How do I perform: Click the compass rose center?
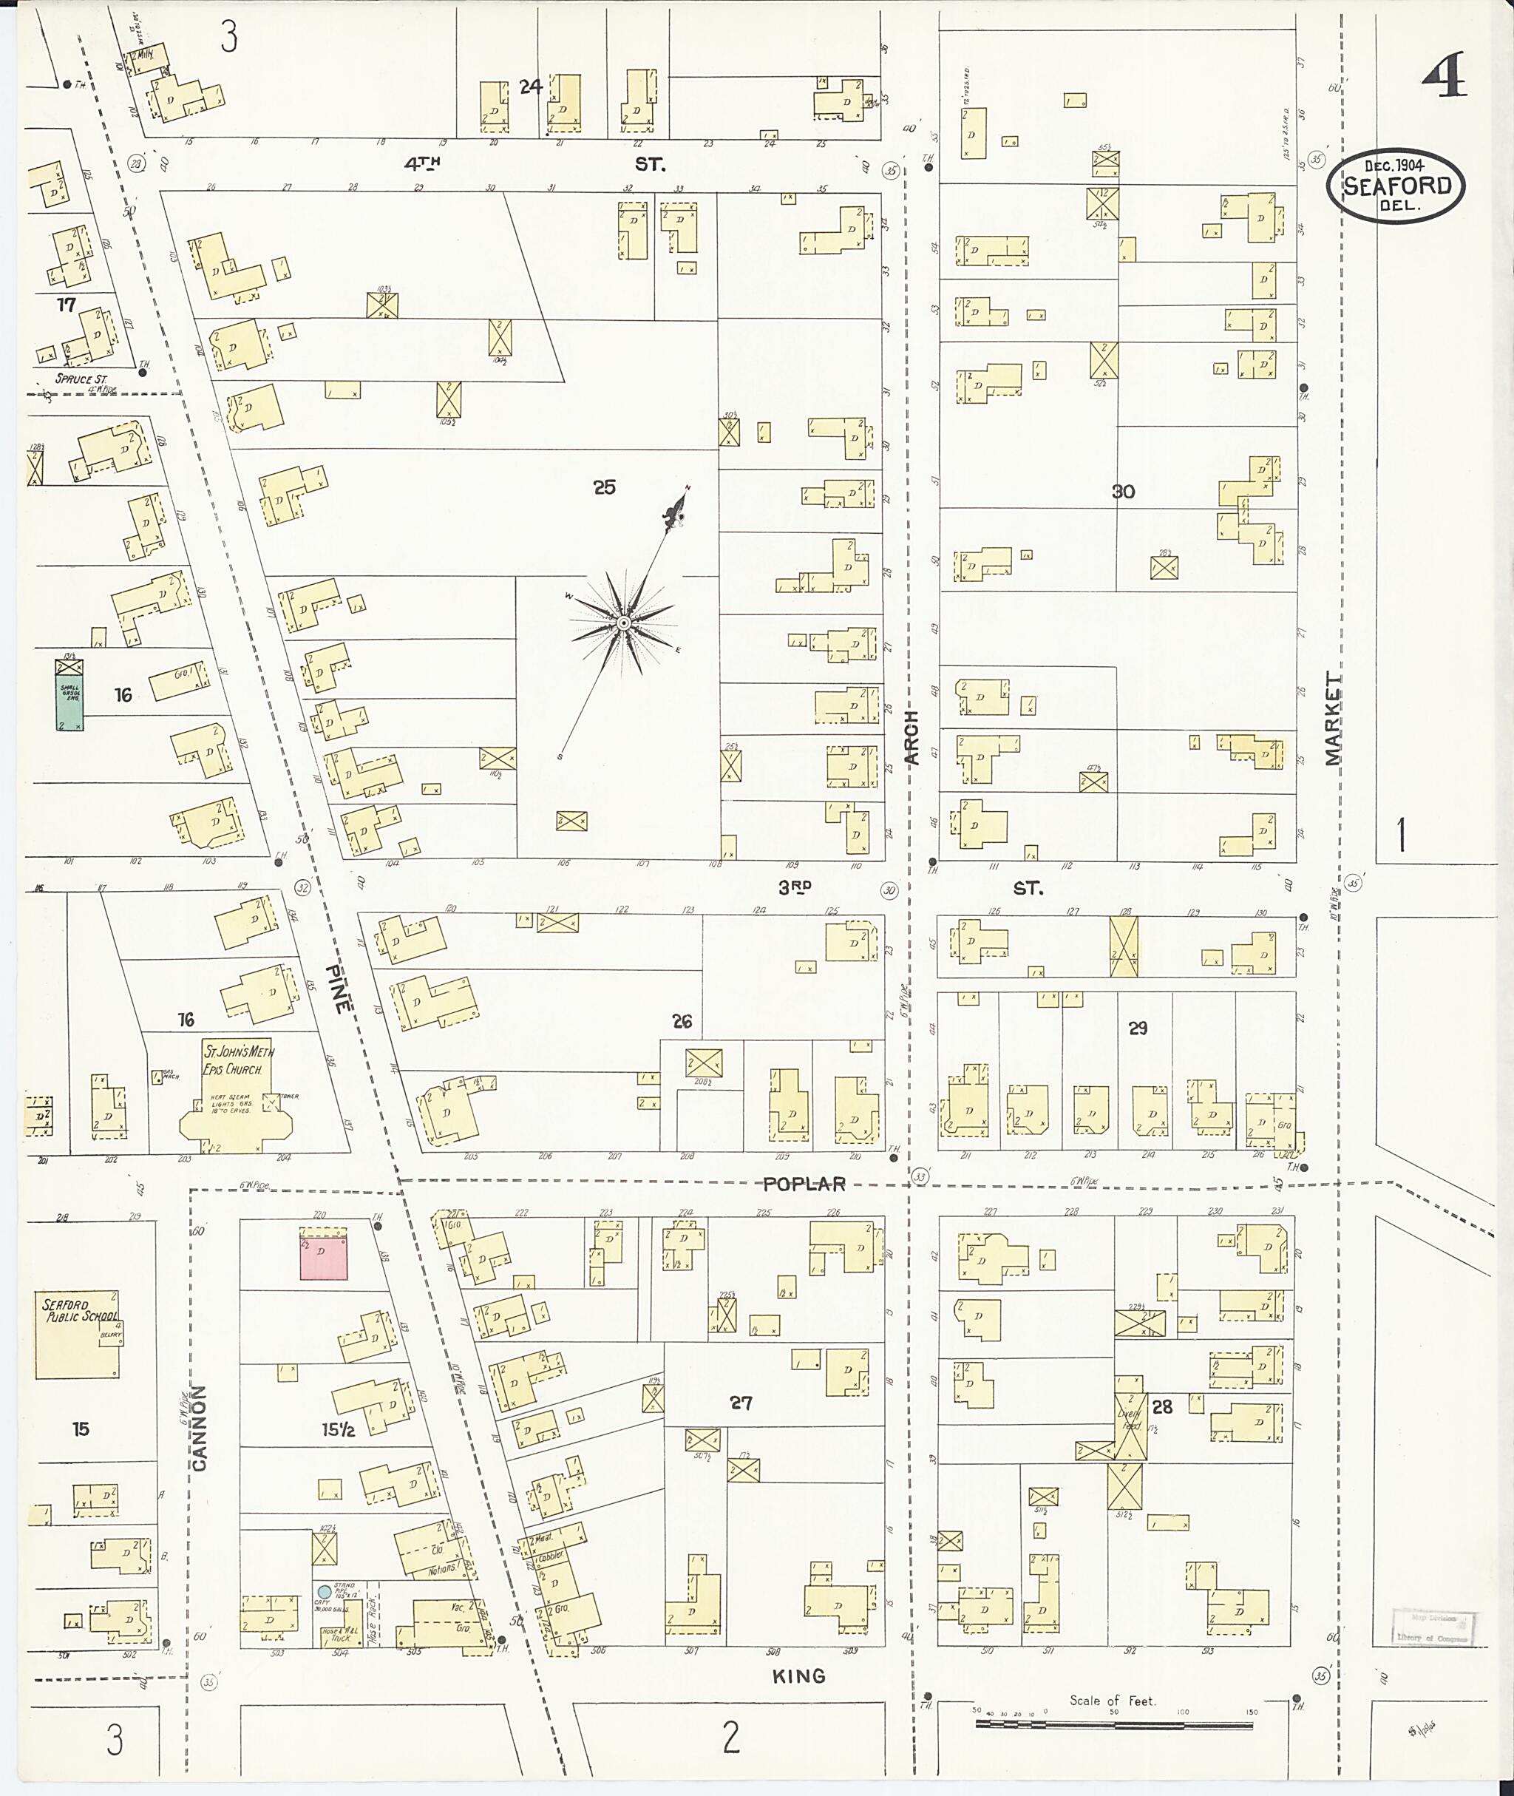pyautogui.click(x=624, y=622)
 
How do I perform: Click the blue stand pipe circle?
pyautogui.click(x=325, y=1590)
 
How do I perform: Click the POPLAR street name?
pyautogui.click(x=804, y=1184)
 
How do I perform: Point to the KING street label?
pyautogui.click(x=798, y=1675)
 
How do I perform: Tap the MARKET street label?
pyautogui.click(x=1331, y=719)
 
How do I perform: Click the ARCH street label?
pyautogui.click(x=911, y=737)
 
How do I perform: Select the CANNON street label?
pyautogui.click(x=199, y=1428)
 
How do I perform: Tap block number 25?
pyautogui.click(x=604, y=487)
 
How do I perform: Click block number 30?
pyautogui.click(x=1123, y=492)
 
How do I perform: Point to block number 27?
pyautogui.click(x=741, y=1403)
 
